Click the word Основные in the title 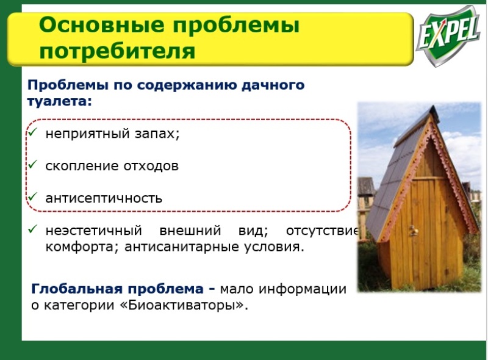point(101,25)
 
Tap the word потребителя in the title point(117,51)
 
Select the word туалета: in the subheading point(59,101)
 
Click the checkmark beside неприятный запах point(32,132)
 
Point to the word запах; point(157,134)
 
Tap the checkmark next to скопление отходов point(32,164)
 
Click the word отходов point(151,166)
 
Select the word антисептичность point(104,198)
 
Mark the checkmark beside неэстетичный point(32,229)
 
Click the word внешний point(190,231)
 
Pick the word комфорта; point(82,247)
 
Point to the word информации point(303,289)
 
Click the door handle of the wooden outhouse point(413,231)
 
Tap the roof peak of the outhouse point(432,109)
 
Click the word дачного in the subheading point(273,85)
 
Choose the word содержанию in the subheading point(182,85)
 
